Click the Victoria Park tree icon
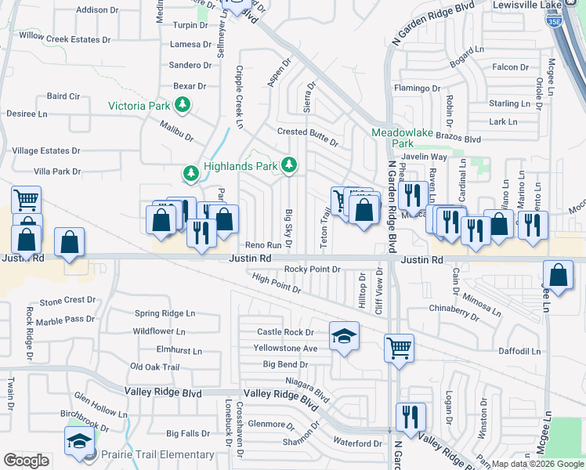tap(183, 104)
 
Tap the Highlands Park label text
tap(241, 166)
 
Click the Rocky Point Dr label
tap(312, 269)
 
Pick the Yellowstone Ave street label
tap(285, 348)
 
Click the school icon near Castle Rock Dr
tap(342, 337)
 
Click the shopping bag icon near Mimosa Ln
tap(557, 276)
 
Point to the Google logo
tap(26, 460)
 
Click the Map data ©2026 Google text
tap(538, 464)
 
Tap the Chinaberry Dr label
tap(454, 311)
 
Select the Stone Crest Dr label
tap(67, 300)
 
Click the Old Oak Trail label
tap(155, 367)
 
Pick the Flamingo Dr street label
tap(418, 88)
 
